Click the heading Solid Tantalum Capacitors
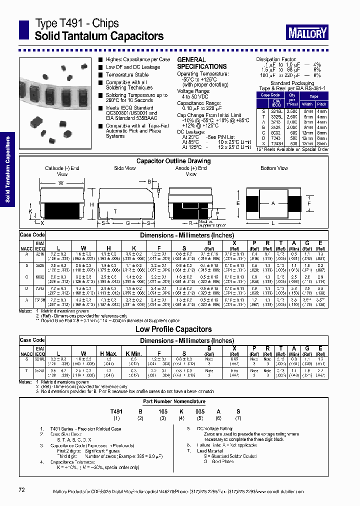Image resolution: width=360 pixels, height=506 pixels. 99,36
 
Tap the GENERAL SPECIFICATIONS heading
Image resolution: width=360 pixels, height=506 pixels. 202,63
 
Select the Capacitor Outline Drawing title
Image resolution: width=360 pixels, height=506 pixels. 173,161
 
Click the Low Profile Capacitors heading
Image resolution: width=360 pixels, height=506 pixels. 173,329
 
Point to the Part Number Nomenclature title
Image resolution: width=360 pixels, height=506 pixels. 174,401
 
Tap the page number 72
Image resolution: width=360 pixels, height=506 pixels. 21,490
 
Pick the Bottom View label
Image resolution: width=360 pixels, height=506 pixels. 274,168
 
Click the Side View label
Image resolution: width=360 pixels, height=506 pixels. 125,168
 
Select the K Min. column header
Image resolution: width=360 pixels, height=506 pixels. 134,354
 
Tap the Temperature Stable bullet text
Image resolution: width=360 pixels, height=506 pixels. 127,75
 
